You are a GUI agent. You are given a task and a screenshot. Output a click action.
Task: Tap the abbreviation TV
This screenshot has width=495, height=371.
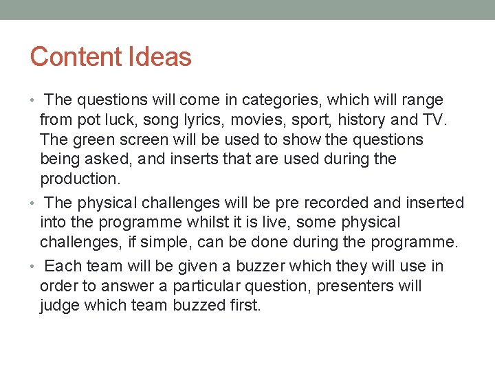[x=434, y=120]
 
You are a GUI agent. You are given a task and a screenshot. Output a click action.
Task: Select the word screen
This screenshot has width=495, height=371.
[x=145, y=139]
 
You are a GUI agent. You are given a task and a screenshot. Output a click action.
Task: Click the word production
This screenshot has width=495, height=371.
[x=79, y=179]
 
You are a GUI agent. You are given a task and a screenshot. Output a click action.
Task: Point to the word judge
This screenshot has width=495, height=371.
[x=60, y=306]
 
